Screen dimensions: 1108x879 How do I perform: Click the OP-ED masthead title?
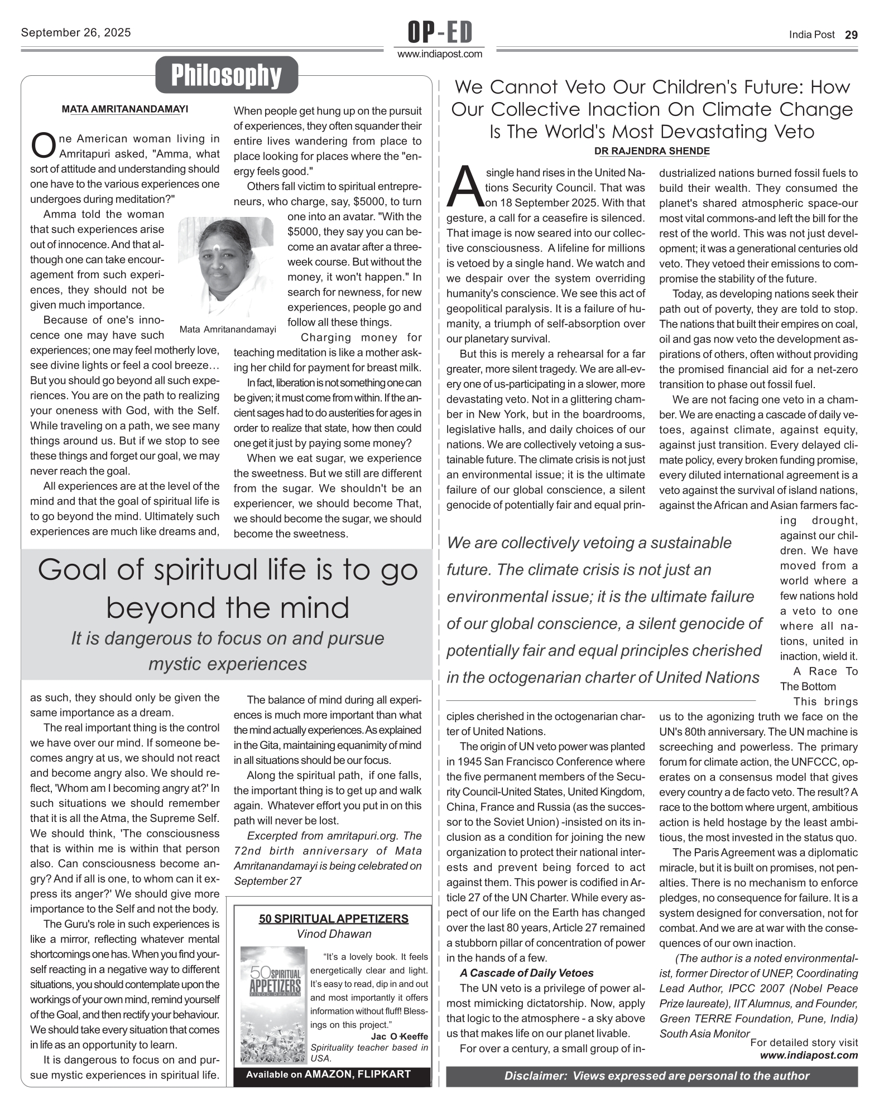point(440,32)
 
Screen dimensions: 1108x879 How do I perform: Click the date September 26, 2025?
point(76,32)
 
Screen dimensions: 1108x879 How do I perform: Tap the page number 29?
point(851,35)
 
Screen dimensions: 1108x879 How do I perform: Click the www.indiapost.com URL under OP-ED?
point(440,54)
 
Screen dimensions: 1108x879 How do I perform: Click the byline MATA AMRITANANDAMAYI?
point(125,109)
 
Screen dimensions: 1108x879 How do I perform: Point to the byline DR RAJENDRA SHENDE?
point(652,151)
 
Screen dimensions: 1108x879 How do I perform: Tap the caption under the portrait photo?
point(228,330)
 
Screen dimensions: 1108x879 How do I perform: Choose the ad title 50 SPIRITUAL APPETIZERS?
point(333,919)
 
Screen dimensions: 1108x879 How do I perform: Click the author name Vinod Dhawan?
point(334,934)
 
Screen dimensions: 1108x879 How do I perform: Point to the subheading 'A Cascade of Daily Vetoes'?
point(527,973)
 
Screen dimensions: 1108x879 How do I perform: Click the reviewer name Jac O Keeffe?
point(400,1036)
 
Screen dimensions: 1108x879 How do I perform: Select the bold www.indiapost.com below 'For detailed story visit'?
point(809,1055)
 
